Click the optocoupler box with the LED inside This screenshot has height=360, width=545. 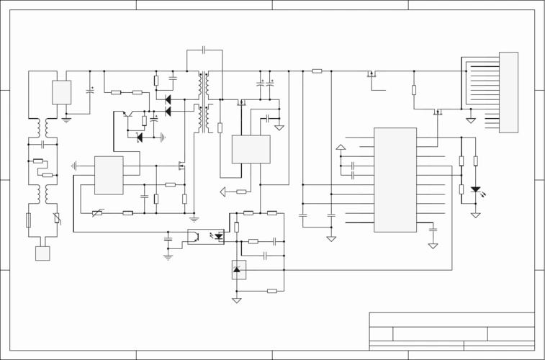coord(205,236)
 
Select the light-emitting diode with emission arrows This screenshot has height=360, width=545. coord(475,190)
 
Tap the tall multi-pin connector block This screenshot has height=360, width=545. coord(508,92)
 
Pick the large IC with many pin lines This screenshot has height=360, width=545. coord(395,180)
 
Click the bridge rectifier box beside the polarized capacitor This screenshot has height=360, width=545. coord(61,93)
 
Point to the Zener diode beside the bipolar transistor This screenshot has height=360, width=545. coord(139,137)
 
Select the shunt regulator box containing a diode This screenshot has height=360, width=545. coord(238,269)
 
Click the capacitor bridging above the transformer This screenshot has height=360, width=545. coord(204,50)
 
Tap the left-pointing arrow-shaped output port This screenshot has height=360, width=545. coord(223,192)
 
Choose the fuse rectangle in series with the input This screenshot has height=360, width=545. coord(28,220)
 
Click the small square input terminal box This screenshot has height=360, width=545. coord(42,253)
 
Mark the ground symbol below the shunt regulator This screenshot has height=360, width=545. coord(236,300)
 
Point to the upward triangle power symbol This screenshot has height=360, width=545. coord(341,148)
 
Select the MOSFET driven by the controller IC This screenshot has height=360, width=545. coord(180,166)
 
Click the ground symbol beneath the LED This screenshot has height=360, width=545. coord(475,215)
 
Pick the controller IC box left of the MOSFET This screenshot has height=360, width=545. coord(109,175)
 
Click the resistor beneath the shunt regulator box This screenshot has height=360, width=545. coord(271,291)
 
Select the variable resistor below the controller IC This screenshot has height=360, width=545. coord(97,213)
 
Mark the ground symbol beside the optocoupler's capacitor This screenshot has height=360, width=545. coord(168,255)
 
